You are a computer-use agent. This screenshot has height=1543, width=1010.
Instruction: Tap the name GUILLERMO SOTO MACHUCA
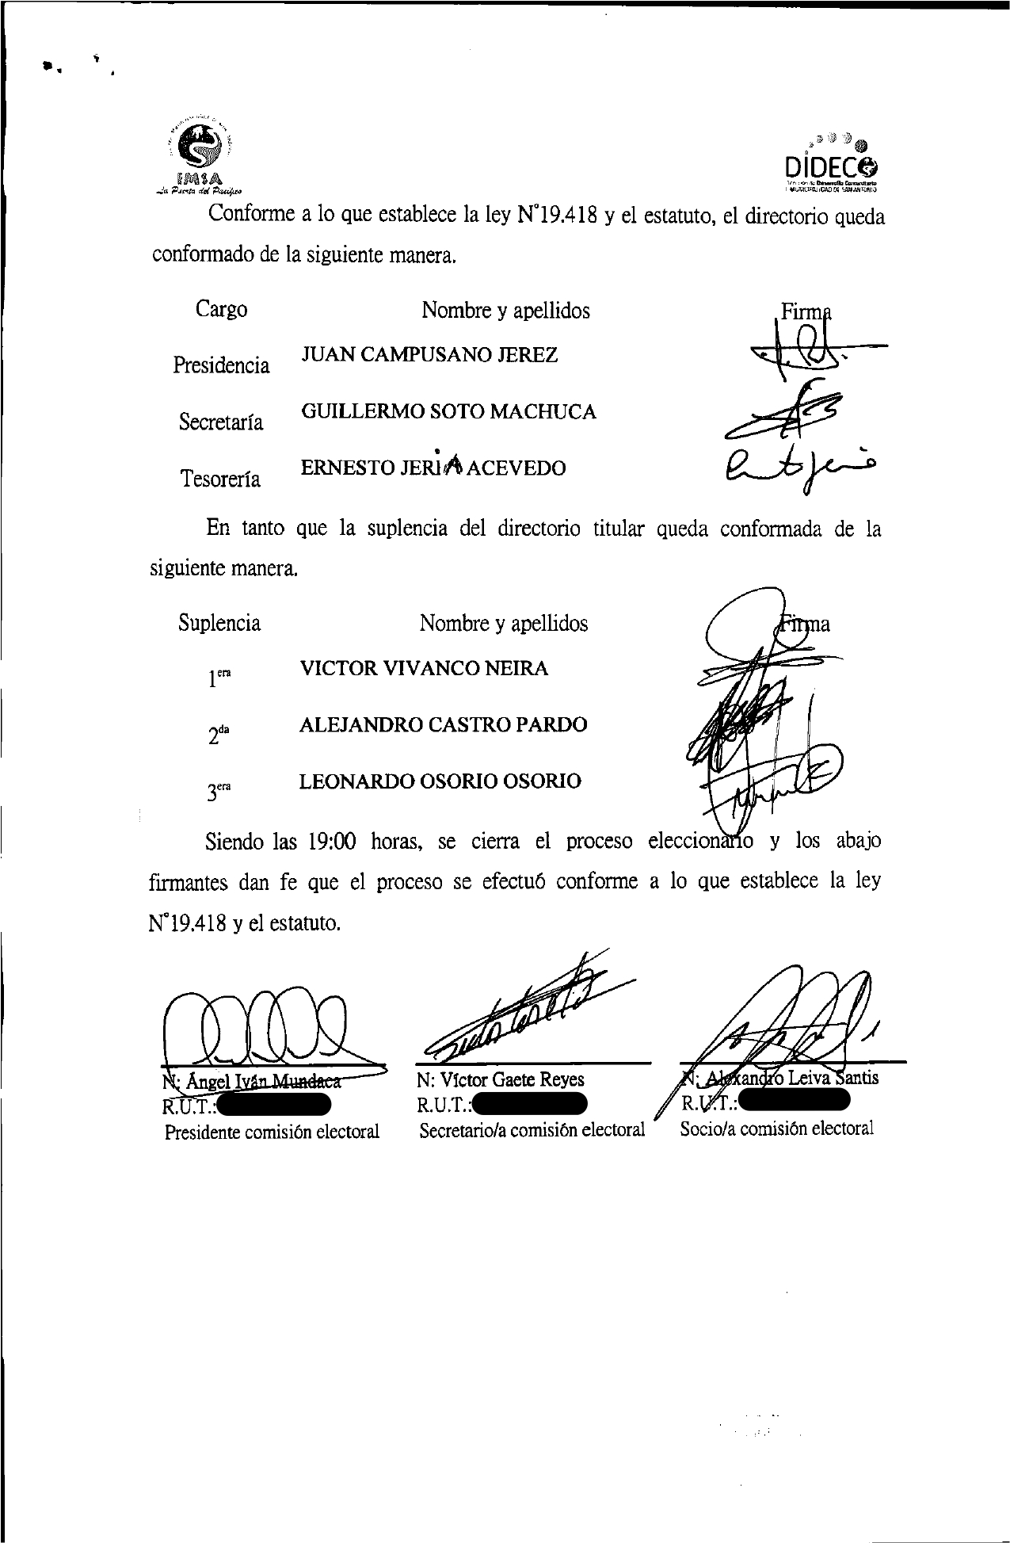[448, 412]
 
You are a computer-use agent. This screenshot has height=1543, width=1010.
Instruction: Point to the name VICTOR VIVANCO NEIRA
[424, 668]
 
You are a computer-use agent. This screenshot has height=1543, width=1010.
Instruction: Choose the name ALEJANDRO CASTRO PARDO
[443, 725]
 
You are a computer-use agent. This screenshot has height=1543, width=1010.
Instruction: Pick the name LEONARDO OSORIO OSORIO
[440, 781]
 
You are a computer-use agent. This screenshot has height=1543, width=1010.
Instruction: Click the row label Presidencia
[221, 365]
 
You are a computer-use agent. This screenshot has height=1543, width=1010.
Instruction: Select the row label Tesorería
[220, 479]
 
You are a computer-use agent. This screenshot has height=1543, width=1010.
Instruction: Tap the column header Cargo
[221, 309]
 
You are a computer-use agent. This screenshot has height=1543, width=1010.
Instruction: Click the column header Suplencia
[219, 623]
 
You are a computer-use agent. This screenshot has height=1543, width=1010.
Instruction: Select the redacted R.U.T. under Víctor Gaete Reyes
[528, 1104]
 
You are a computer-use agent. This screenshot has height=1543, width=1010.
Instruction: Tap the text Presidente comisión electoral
[272, 1132]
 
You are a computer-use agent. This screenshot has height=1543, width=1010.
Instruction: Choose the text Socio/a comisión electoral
[776, 1129]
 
